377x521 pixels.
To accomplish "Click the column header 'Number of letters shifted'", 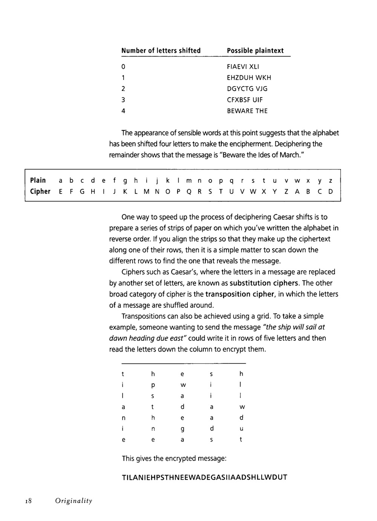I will click(x=161, y=51).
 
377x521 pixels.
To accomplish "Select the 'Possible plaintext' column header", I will click(x=255, y=51).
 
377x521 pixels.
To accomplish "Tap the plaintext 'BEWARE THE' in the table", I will click(x=247, y=111).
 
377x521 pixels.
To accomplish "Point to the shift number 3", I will click(x=123, y=100).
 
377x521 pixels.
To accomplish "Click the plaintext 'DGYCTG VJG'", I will click(x=247, y=89).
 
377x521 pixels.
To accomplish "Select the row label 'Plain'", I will click(x=38, y=180).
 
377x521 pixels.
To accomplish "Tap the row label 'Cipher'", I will click(x=40, y=191).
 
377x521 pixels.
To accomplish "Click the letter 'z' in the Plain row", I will click(x=331, y=181).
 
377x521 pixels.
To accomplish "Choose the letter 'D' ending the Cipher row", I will click(x=331, y=192).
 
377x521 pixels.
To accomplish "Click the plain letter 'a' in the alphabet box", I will click(x=60, y=181).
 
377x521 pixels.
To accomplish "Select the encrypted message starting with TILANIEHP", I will click(x=204, y=477).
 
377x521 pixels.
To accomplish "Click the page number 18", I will click(x=28, y=501).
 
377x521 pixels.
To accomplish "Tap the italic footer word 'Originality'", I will click(x=74, y=501).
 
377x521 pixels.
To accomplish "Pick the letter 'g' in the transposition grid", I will click(x=182, y=429).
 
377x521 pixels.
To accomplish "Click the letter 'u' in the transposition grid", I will click(x=241, y=429).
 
